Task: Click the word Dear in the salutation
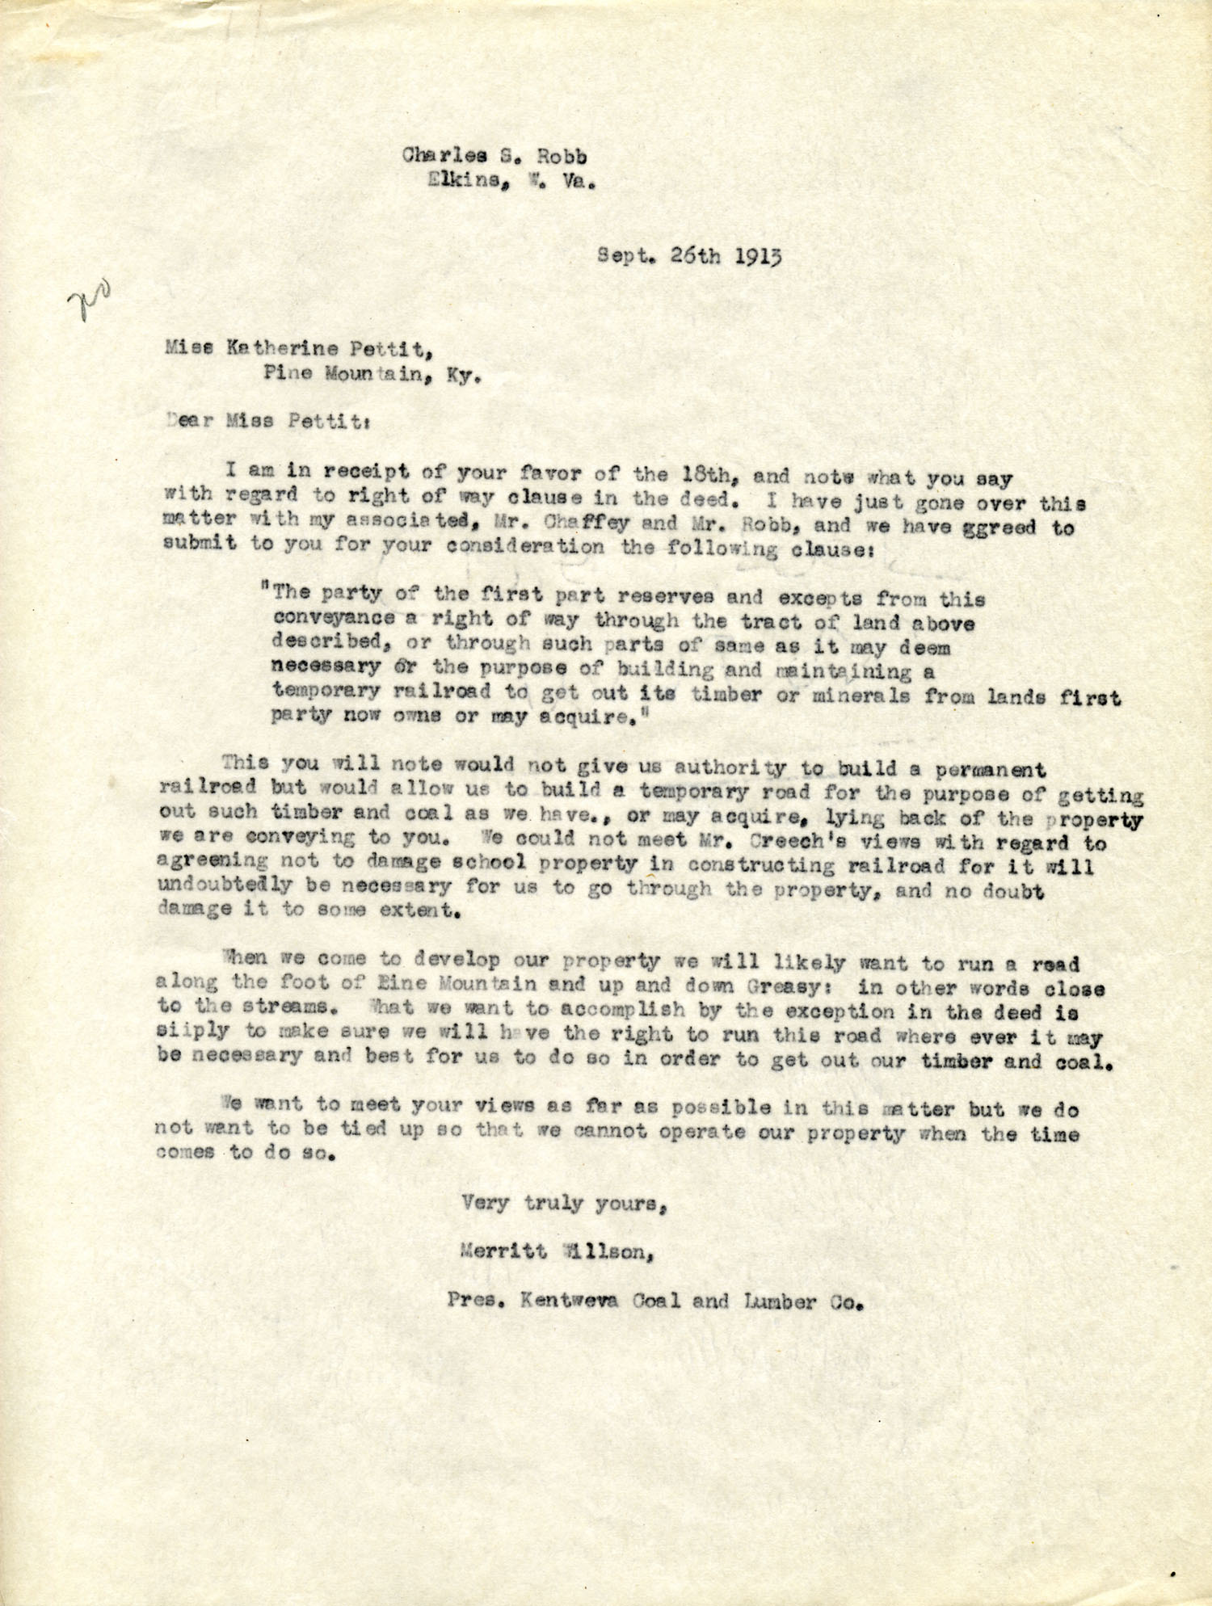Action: (191, 421)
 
